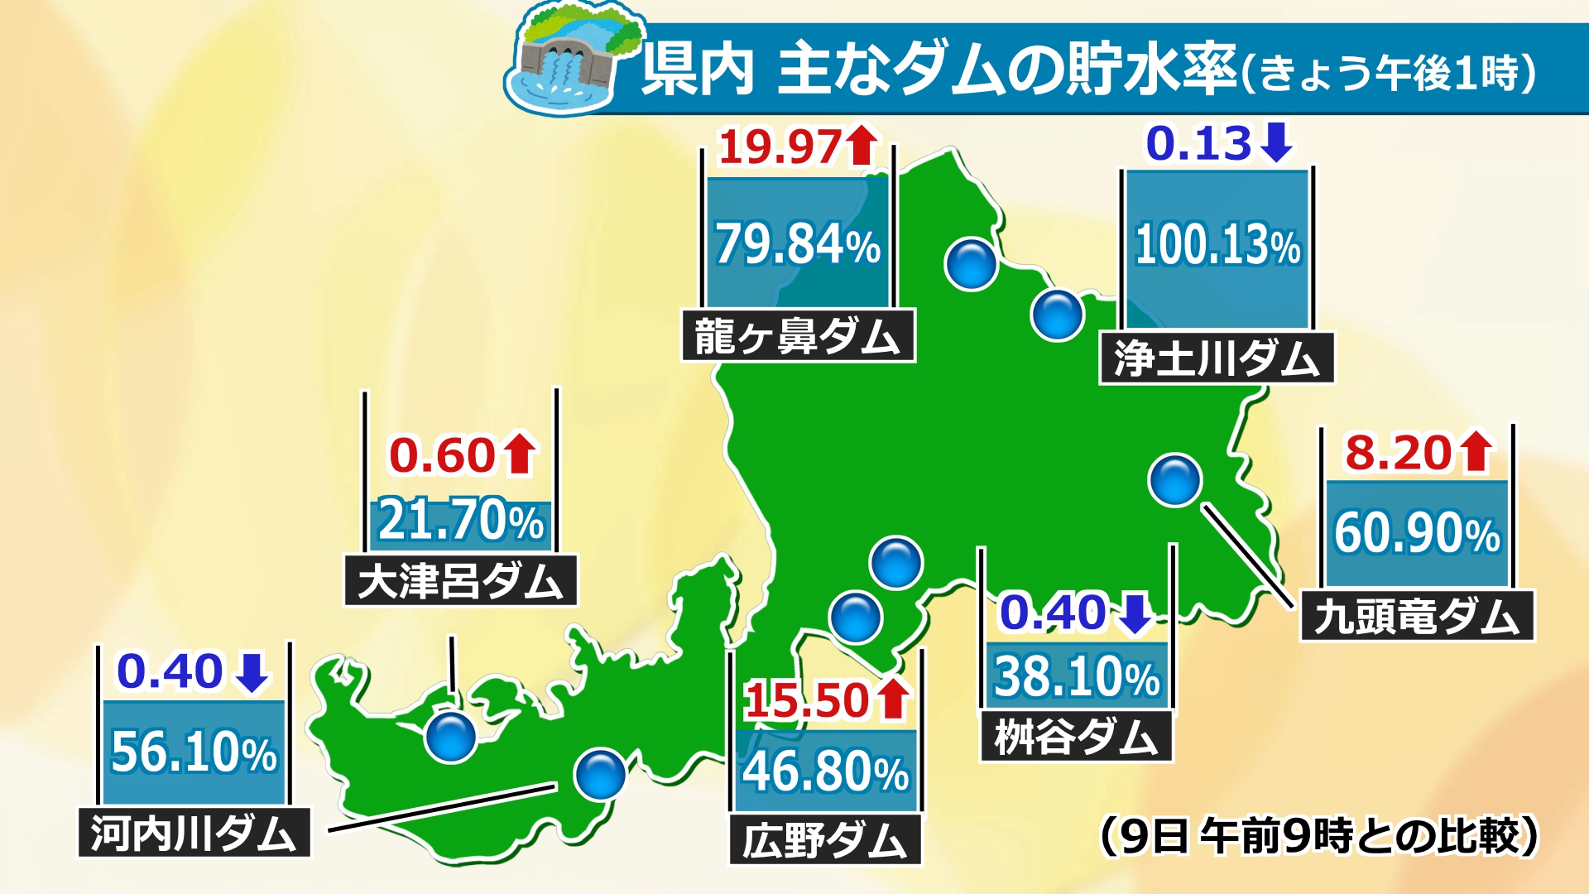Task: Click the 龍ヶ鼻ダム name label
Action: [x=798, y=336]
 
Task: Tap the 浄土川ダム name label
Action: [x=1217, y=358]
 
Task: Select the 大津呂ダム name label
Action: [x=460, y=580]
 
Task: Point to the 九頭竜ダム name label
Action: [x=1417, y=616]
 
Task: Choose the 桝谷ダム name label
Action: [x=1076, y=736]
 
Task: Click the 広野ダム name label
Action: [x=825, y=840]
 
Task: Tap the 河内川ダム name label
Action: [x=194, y=833]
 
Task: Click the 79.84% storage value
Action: [x=798, y=244]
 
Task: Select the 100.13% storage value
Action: [x=1217, y=246]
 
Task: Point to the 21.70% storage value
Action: [x=461, y=521]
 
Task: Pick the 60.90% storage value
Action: [x=1417, y=532]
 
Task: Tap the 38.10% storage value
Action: [x=1077, y=676]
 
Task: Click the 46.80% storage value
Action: [x=825, y=771]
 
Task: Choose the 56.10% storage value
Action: [x=194, y=752]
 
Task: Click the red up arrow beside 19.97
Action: [x=862, y=145]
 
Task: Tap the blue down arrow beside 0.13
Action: [x=1276, y=142]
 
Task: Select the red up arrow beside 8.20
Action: [x=1476, y=452]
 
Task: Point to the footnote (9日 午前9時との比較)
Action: [x=1319, y=836]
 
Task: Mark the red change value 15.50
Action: [x=806, y=701]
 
